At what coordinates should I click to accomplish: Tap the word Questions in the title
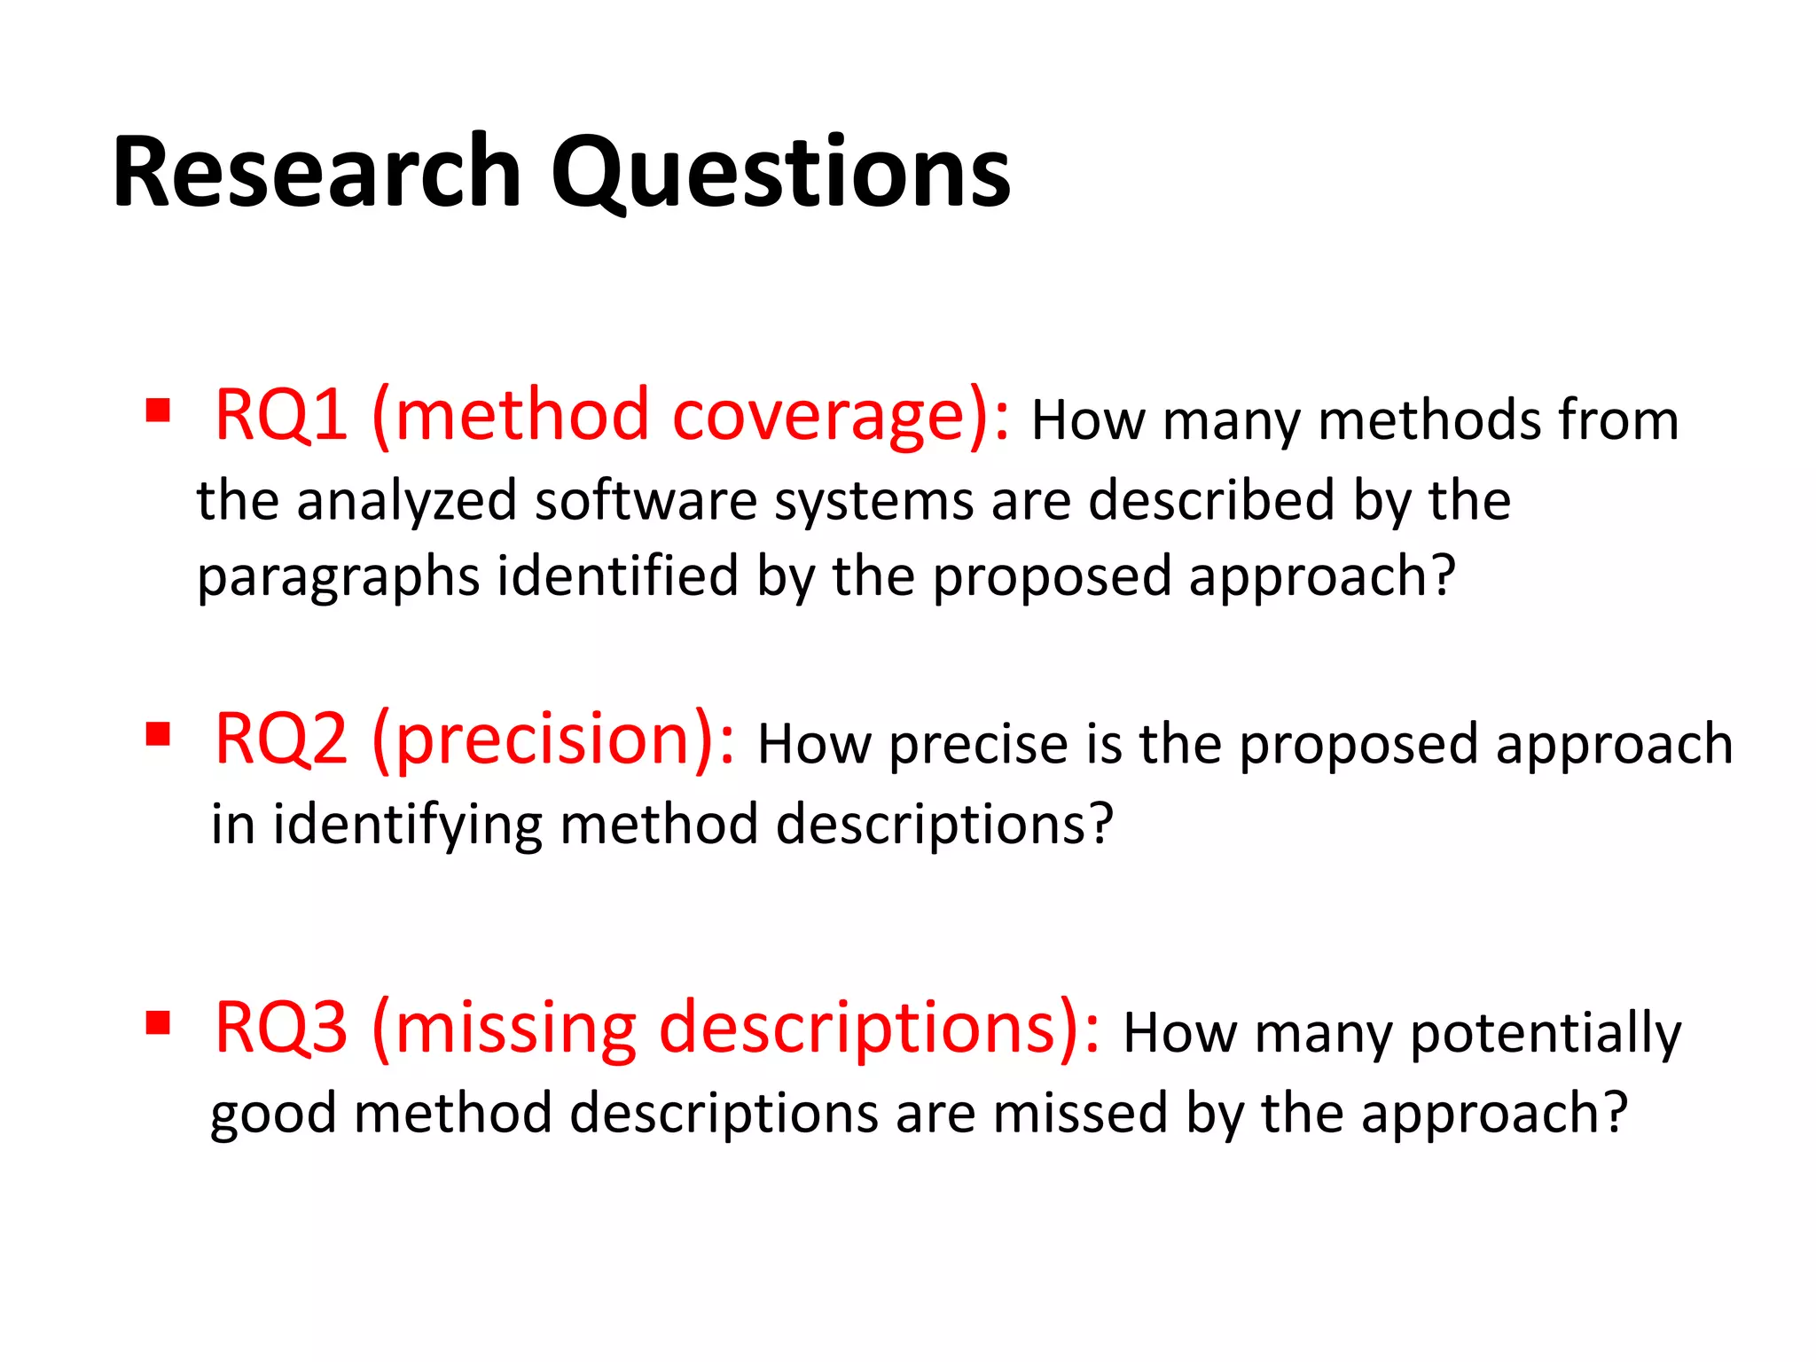(x=780, y=172)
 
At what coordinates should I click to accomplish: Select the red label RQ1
(x=281, y=414)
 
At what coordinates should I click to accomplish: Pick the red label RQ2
(x=281, y=739)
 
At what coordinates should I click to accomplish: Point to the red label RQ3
(x=281, y=1027)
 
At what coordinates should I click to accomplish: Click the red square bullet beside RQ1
(x=158, y=410)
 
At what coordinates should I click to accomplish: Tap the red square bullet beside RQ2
(x=158, y=734)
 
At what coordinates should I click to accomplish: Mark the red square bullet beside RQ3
(x=158, y=1022)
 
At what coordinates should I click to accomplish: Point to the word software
(x=646, y=500)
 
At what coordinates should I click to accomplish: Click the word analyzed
(x=406, y=502)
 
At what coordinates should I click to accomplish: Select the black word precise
(x=979, y=744)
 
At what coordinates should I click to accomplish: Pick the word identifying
(x=407, y=825)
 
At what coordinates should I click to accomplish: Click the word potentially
(x=1545, y=1034)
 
